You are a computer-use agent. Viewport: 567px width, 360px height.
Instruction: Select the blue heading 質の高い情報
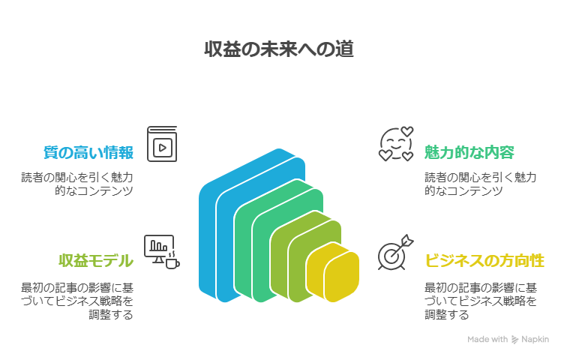(x=87, y=153)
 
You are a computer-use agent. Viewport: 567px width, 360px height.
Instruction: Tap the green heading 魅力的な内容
(x=469, y=153)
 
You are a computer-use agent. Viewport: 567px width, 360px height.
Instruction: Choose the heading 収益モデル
(x=96, y=261)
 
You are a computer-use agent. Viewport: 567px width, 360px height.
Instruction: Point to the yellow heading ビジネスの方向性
(x=484, y=261)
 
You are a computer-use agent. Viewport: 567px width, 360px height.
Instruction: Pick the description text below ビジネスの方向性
(x=480, y=301)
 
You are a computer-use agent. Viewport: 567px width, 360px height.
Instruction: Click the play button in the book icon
(x=163, y=146)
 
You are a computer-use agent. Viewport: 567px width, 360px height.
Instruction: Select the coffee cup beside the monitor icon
(x=172, y=262)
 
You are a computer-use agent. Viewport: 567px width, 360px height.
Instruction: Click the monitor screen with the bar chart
(x=158, y=245)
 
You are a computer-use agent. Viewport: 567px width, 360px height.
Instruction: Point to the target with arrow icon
(x=392, y=254)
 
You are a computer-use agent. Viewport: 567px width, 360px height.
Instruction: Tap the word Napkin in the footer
(x=537, y=340)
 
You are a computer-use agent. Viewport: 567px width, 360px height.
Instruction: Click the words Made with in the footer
(x=487, y=340)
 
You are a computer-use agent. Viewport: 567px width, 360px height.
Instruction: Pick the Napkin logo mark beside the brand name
(x=515, y=340)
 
